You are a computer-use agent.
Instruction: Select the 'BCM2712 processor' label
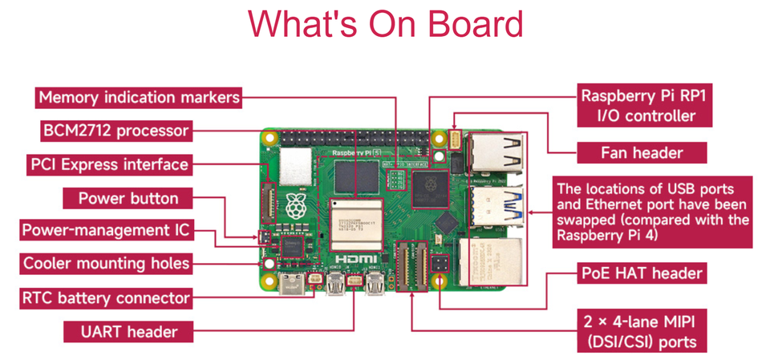[x=115, y=131]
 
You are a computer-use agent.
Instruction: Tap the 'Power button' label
[x=128, y=198]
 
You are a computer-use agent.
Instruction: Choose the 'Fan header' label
[x=642, y=152]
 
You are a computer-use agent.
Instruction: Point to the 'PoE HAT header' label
[x=642, y=273]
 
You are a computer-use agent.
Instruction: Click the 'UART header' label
[x=128, y=331]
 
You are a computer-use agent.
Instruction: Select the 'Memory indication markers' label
[x=139, y=98]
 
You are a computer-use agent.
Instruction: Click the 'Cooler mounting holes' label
[x=106, y=263]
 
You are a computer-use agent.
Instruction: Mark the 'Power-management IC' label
[x=106, y=230]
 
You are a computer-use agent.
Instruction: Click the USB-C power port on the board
[x=290, y=282]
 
